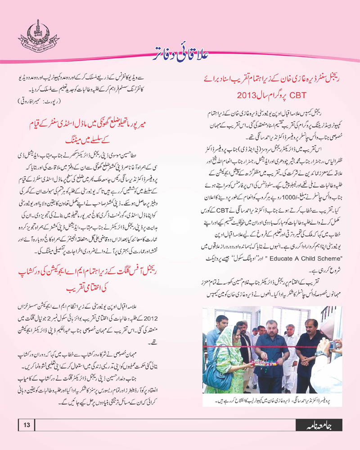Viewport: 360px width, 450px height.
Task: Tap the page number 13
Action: coord(26,424)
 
